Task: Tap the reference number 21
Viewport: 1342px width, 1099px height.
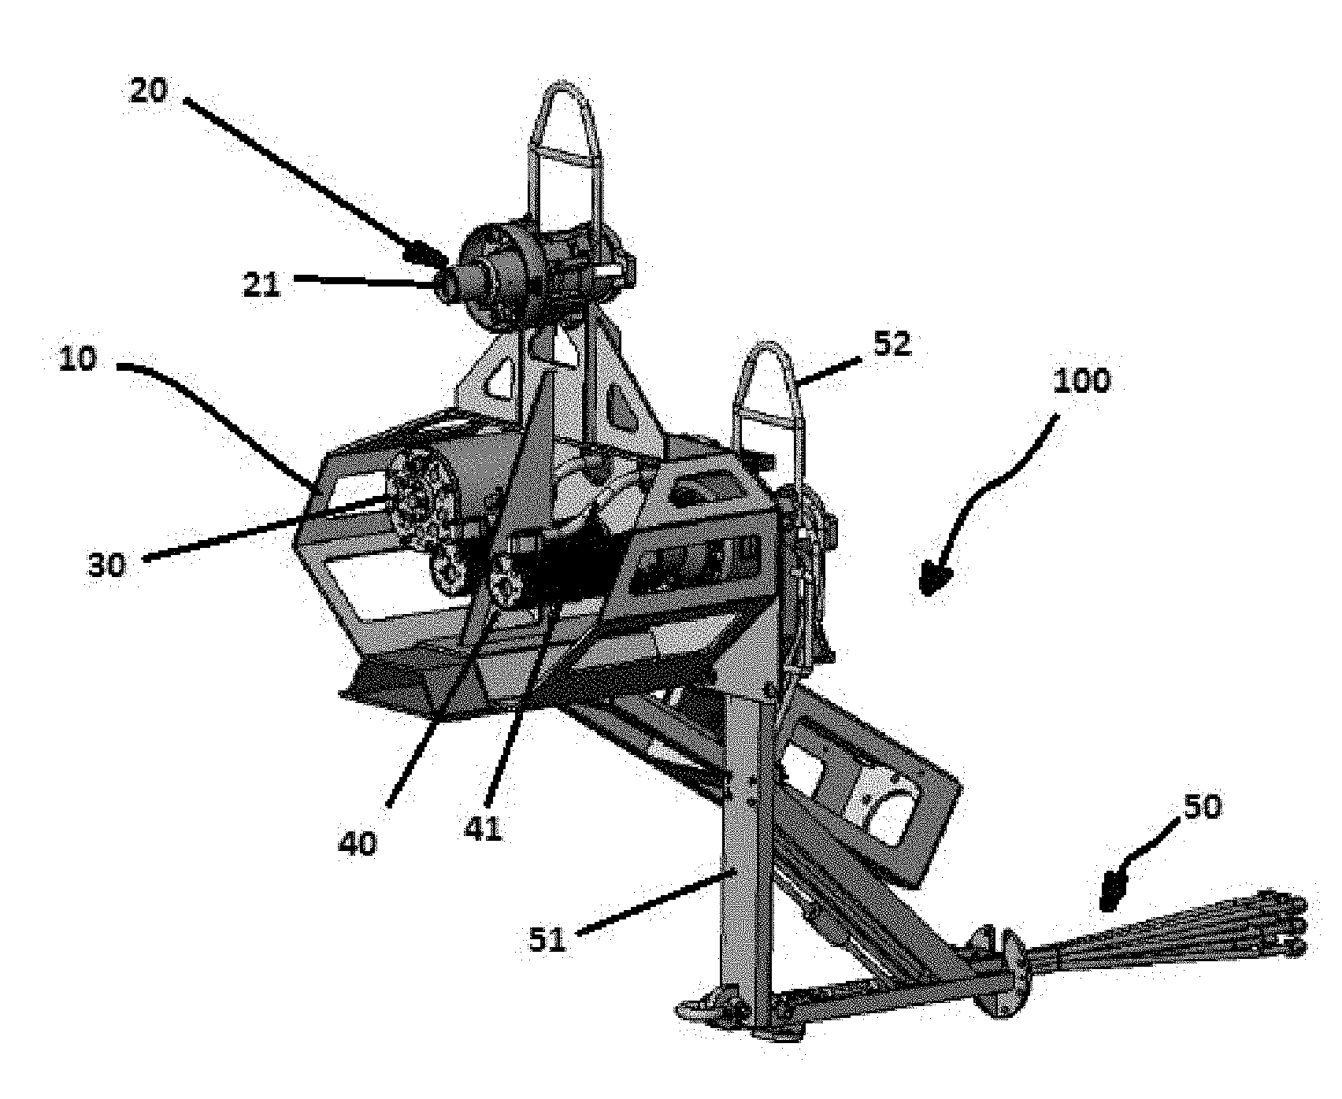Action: (261, 284)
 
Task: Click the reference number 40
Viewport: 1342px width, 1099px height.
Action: (358, 843)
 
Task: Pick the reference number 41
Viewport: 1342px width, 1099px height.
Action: (484, 829)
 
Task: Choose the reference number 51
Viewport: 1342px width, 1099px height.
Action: (548, 938)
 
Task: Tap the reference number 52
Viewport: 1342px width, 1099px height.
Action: (892, 344)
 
